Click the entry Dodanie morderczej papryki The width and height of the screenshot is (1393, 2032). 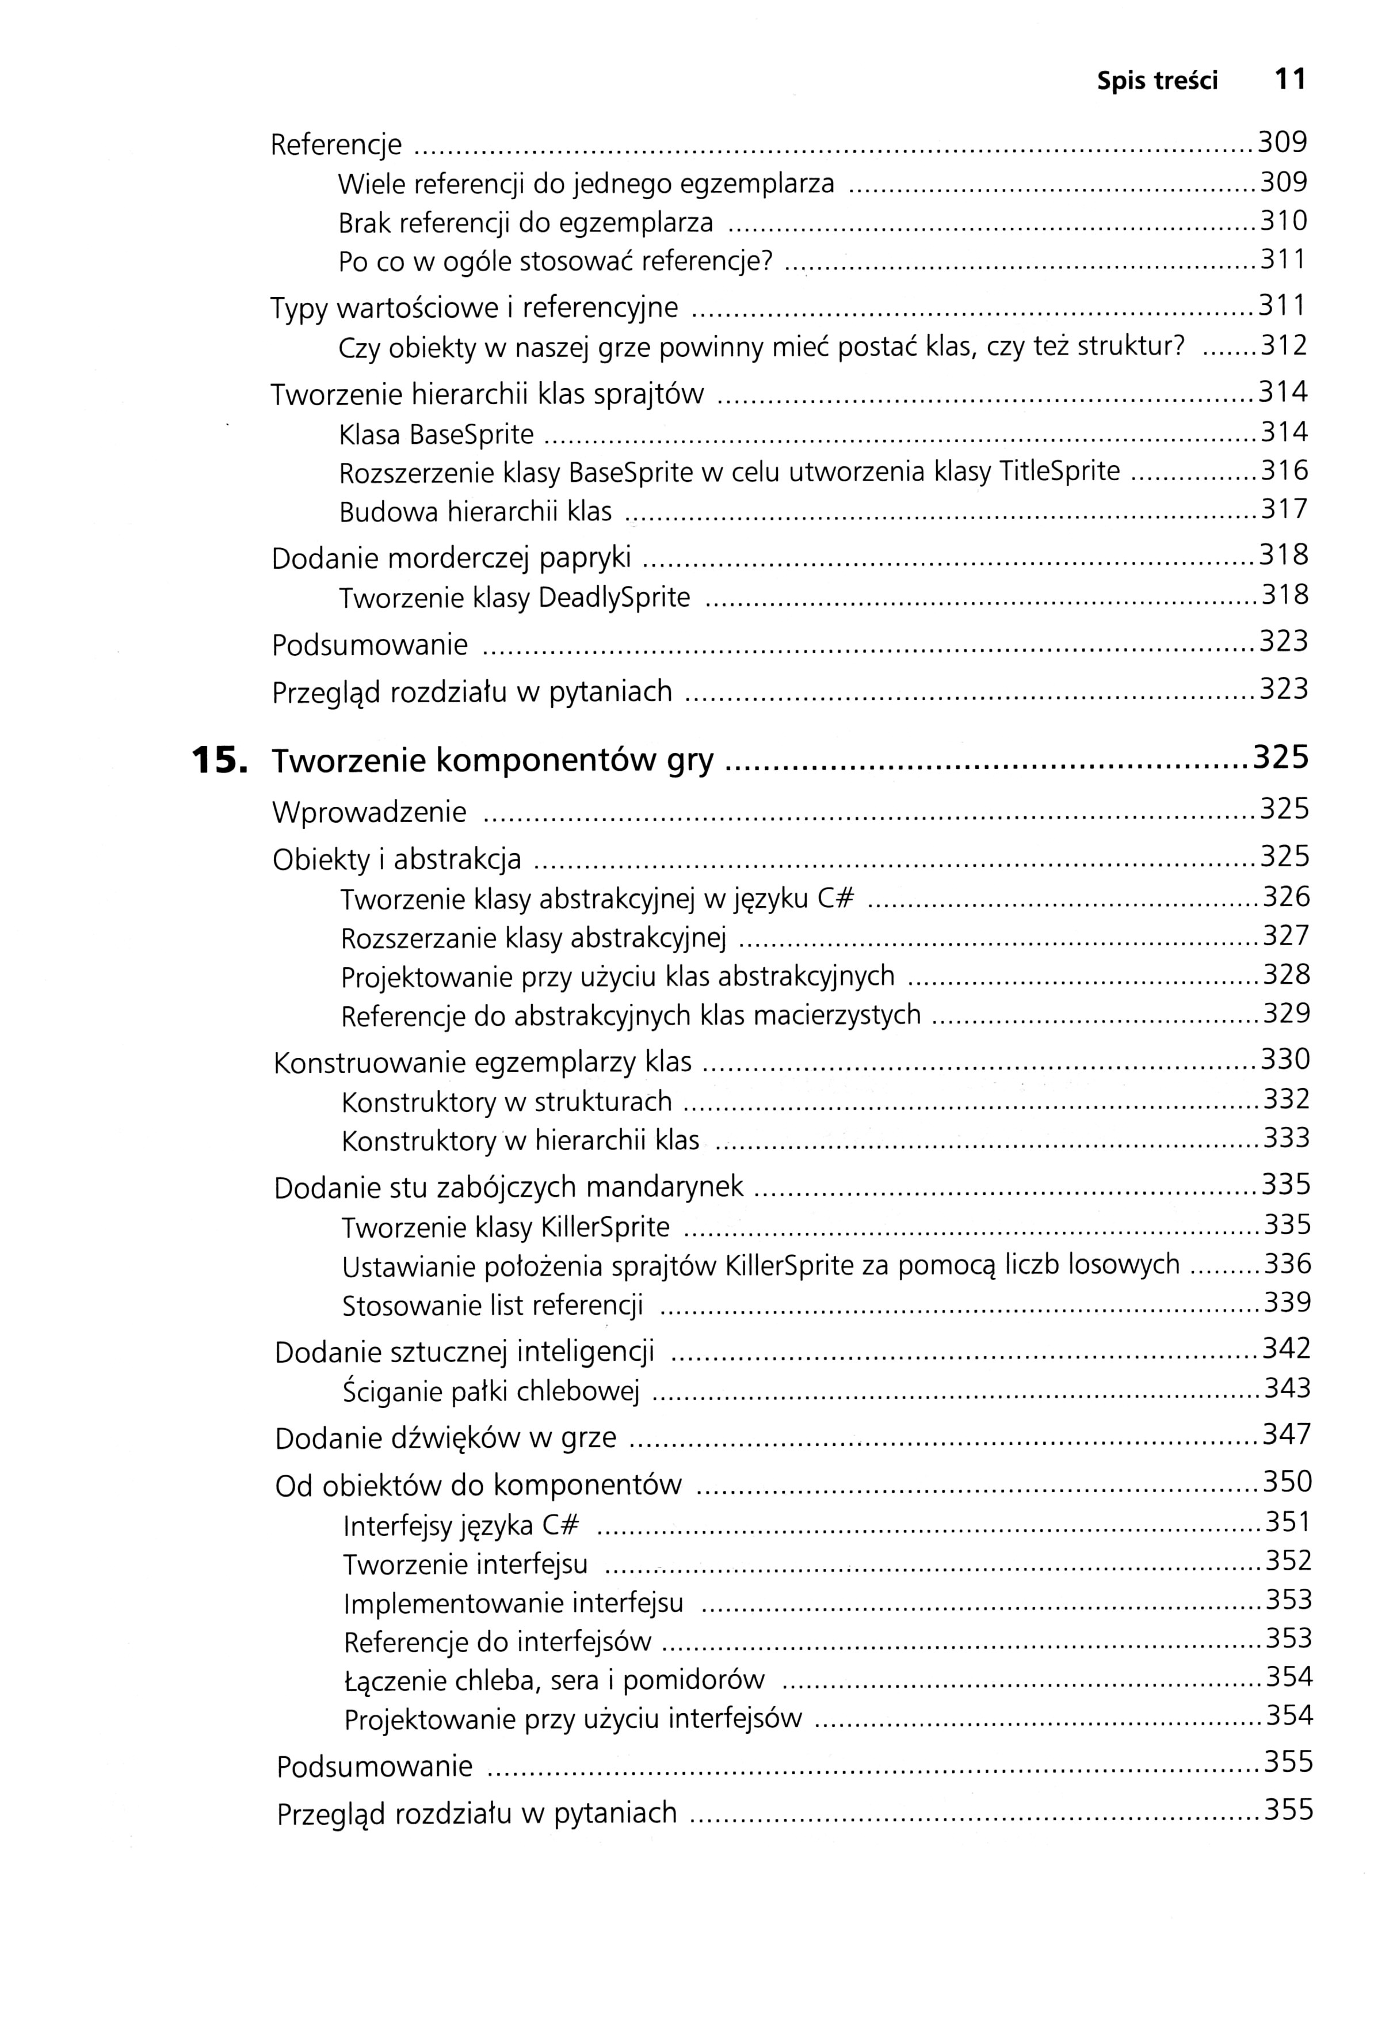click(451, 558)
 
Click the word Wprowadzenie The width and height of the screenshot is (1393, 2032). click(369, 812)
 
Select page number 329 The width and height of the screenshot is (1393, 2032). click(1287, 1013)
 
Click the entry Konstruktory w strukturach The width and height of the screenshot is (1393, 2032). click(507, 1102)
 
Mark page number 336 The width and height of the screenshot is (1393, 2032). click(1287, 1264)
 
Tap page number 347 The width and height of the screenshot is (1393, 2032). click(1287, 1435)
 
